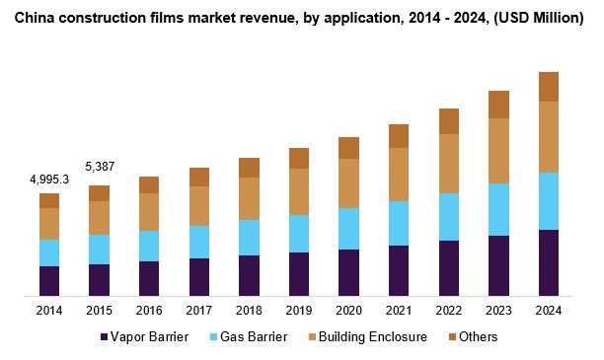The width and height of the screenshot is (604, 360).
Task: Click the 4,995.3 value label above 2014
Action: click(48, 179)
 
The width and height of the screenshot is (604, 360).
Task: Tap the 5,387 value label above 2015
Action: click(99, 166)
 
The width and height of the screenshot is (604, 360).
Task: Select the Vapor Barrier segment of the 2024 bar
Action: click(548, 262)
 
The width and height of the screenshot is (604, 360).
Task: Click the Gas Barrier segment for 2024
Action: click(548, 201)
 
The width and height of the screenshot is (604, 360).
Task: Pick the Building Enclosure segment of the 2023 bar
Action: click(498, 151)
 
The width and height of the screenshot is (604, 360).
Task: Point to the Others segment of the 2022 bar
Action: click(449, 121)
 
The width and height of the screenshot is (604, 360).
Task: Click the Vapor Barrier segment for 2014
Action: click(49, 280)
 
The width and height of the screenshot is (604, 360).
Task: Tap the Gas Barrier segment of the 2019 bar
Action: click(299, 234)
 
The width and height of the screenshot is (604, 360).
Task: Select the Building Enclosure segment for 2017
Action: click(199, 206)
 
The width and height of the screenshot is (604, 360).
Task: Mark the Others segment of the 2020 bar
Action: click(348, 148)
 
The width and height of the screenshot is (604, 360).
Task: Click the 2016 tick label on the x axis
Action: click(149, 310)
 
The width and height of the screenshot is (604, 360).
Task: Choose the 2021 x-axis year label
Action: click(399, 310)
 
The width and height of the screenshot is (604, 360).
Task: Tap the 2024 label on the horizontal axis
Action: click(548, 310)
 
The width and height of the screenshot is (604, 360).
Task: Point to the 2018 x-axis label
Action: click(249, 310)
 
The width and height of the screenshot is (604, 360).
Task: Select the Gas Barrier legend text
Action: click(254, 337)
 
